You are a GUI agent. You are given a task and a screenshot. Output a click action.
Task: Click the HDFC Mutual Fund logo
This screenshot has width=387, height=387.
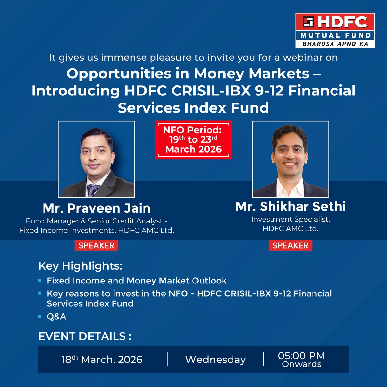pos(335,30)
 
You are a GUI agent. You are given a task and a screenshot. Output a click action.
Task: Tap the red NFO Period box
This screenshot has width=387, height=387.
pos(193,140)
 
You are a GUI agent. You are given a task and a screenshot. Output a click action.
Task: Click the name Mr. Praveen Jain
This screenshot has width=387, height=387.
pos(96,208)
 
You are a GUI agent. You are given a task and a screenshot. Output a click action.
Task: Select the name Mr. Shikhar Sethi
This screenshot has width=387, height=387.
pos(291,207)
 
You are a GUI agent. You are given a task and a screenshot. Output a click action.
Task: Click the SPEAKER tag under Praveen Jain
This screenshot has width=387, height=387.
pos(96,245)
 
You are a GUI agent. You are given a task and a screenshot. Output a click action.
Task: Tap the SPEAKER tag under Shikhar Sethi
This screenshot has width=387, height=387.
pos(290,245)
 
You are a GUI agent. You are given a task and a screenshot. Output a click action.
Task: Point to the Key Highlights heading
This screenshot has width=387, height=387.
pos(80,266)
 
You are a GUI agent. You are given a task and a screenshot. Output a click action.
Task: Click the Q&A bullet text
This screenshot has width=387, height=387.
pos(56,316)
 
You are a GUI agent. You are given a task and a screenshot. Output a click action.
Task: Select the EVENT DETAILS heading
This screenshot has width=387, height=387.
pos(84,336)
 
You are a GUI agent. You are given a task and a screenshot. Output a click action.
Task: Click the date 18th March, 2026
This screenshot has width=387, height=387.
pos(102,360)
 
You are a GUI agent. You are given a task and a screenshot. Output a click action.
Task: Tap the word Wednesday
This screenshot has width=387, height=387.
pos(215,360)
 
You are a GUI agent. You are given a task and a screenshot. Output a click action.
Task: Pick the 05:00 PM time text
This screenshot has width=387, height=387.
pos(302,356)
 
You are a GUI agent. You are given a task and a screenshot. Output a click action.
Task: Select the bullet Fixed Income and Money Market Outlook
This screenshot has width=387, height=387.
pos(136,281)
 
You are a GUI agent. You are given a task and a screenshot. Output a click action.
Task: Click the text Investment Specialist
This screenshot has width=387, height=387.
pos(290,219)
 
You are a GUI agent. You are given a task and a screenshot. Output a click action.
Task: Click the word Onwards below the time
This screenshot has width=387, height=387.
pos(302,364)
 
